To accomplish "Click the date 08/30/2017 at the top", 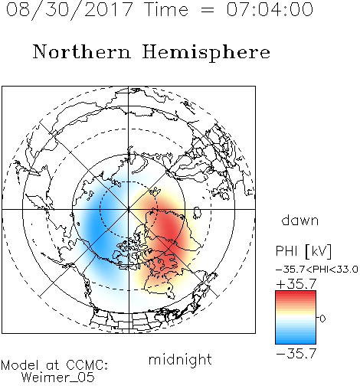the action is [x=69, y=10].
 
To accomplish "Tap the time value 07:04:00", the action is [x=270, y=9].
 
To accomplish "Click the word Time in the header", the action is [x=166, y=9].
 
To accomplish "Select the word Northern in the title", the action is [x=81, y=51].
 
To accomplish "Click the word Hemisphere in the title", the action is [x=206, y=53].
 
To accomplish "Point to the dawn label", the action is [x=300, y=220].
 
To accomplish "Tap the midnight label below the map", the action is [x=180, y=359].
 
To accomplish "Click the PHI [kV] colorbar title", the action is [x=303, y=251].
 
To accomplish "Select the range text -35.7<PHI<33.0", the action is [x=317, y=270].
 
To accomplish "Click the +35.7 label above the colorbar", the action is [x=296, y=284].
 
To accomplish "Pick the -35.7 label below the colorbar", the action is [x=296, y=354].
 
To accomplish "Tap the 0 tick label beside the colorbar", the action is [x=322, y=319].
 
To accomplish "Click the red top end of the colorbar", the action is [x=296, y=293].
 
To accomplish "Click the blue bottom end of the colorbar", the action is [x=296, y=342].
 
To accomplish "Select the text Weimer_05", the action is [x=57, y=378].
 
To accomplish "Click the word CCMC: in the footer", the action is [x=87, y=365].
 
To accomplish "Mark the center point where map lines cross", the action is [x=129, y=209].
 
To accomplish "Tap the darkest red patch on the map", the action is [x=169, y=230].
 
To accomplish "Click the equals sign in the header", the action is [x=208, y=10].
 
